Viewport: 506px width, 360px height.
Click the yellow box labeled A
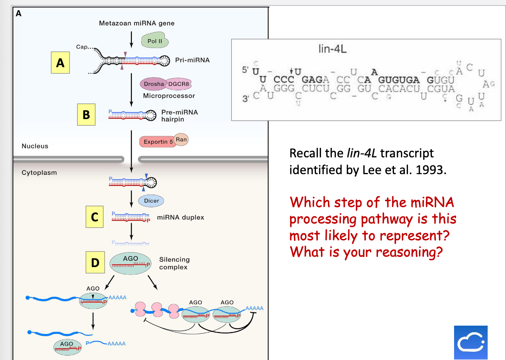(60, 63)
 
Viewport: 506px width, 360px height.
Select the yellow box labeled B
(86, 114)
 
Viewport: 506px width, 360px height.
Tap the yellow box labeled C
(94, 217)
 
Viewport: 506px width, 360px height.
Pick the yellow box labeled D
(95, 262)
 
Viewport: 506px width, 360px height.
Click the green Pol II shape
(155, 41)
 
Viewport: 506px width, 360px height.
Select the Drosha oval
(154, 84)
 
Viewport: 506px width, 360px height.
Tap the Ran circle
(181, 139)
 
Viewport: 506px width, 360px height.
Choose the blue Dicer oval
(151, 201)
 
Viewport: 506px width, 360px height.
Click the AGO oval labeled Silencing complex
(130, 263)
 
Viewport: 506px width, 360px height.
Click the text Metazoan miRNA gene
(137, 23)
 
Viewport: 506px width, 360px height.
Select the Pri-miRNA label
(192, 60)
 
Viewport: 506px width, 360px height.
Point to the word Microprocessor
(169, 96)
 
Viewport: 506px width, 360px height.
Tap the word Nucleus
(35, 146)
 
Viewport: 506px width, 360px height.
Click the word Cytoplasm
(39, 173)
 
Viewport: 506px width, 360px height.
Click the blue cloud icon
(471, 342)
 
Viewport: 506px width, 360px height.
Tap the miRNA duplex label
(180, 217)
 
